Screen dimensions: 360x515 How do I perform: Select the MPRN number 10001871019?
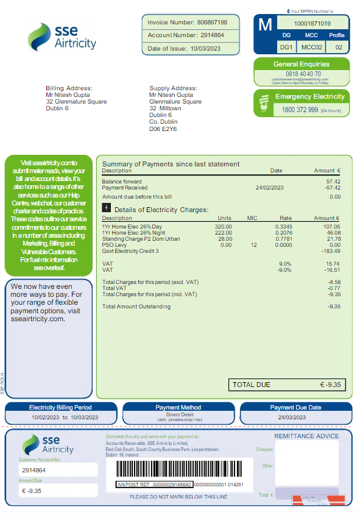(x=312, y=23)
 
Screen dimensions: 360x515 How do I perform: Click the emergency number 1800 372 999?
(x=300, y=110)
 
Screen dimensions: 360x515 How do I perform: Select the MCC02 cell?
(x=311, y=47)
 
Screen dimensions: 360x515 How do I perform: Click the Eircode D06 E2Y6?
(x=163, y=129)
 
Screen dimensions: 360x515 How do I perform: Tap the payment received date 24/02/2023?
(x=269, y=188)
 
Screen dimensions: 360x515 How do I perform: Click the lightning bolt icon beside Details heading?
(x=107, y=208)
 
